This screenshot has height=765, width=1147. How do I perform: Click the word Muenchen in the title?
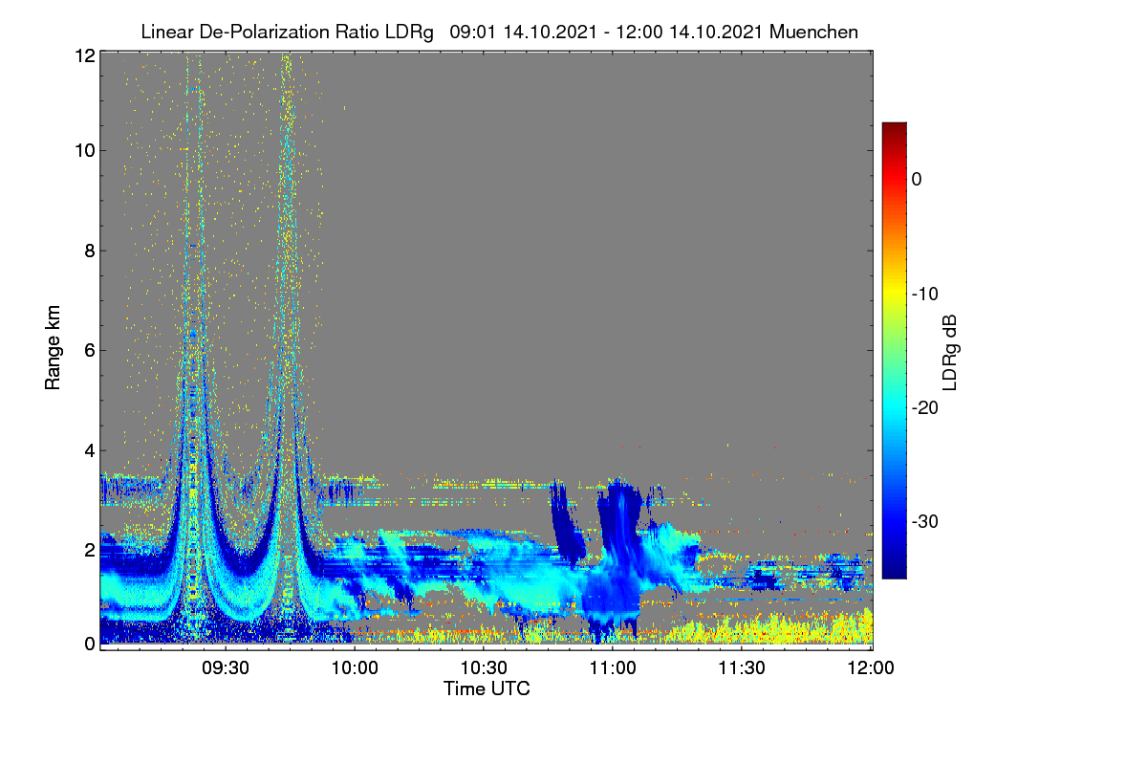[813, 33]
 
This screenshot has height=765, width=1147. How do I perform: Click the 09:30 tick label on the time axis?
[226, 668]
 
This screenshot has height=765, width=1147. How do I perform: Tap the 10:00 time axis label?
[355, 668]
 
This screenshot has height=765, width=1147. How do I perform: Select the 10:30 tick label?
[484, 668]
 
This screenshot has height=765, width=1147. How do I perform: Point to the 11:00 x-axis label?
[613, 668]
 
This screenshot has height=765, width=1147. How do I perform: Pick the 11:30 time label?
[742, 668]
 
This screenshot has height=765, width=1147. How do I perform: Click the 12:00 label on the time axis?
[871, 668]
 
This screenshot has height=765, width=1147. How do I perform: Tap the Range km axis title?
[53, 348]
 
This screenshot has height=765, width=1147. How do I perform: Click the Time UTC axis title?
[487, 689]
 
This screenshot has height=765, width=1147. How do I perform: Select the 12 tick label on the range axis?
[85, 55]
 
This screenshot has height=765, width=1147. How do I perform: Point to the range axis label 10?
[85, 151]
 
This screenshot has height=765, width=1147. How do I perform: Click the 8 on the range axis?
[90, 251]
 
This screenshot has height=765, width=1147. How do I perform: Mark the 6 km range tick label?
[90, 351]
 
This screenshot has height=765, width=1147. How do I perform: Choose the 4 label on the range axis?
[90, 451]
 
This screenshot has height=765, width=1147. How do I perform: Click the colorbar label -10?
[925, 295]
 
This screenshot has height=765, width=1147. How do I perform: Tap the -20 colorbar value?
[925, 408]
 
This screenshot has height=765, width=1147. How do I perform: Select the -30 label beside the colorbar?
[925, 522]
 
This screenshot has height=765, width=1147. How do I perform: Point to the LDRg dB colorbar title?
[950, 353]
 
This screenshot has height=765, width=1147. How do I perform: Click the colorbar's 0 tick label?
[917, 180]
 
